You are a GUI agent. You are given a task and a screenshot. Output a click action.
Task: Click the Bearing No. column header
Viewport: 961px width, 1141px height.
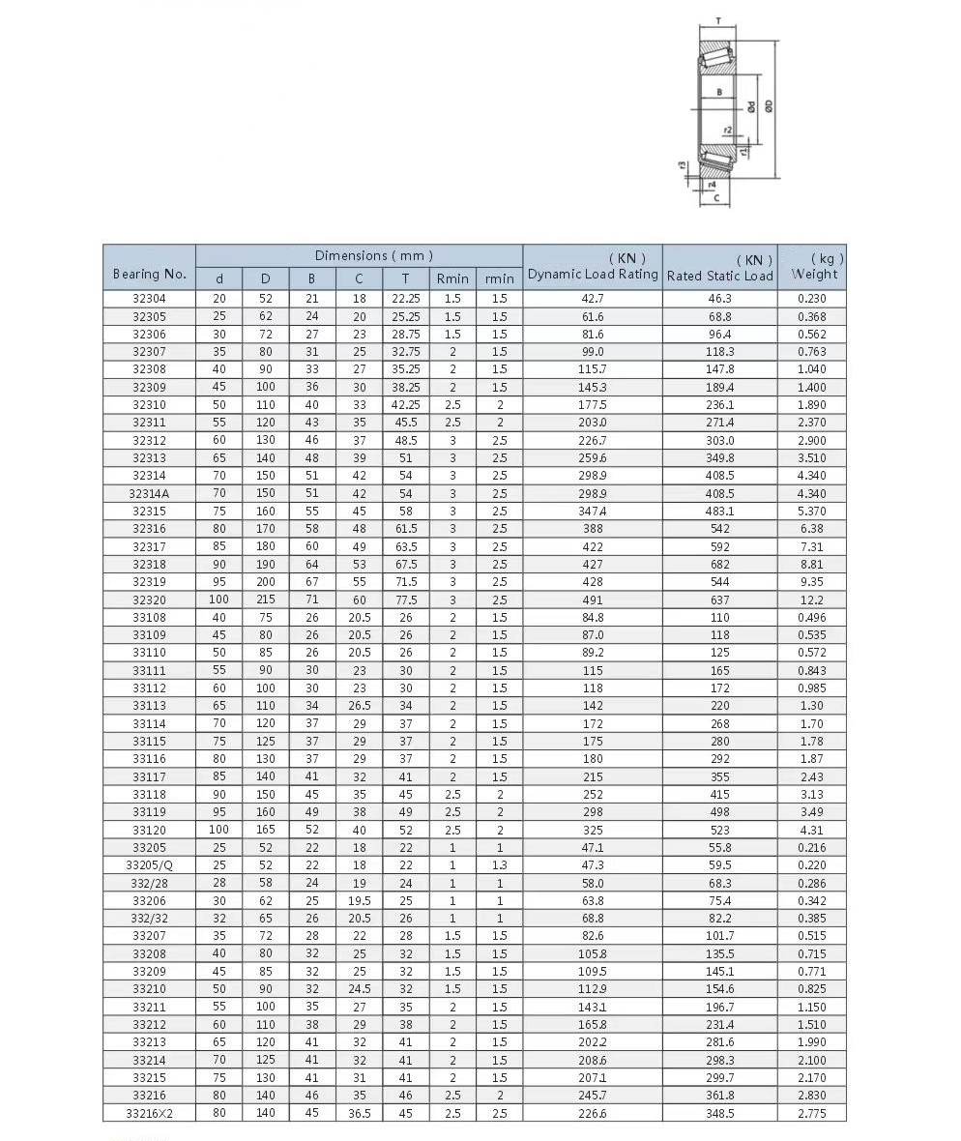click(149, 274)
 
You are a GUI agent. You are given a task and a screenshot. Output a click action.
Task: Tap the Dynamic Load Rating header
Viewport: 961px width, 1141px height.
click(593, 275)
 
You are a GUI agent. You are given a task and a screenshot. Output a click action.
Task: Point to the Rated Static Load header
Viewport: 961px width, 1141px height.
click(720, 276)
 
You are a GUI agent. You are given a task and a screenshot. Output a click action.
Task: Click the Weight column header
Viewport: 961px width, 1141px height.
click(814, 274)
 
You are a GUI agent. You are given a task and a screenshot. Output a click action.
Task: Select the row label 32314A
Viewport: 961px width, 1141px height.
click(149, 493)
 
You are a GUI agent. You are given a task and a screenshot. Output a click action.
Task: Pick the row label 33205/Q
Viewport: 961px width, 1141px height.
click(149, 865)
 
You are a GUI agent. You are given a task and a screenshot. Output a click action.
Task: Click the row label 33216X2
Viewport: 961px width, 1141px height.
click(149, 1113)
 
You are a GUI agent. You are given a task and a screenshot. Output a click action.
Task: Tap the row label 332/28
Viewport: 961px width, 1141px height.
click(149, 883)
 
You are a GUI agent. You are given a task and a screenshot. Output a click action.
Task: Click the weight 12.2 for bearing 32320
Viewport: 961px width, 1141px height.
click(812, 600)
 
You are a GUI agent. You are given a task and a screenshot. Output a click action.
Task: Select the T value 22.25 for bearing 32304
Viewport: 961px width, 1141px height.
click(405, 299)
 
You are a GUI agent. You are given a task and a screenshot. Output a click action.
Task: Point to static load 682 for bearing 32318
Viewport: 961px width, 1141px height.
click(720, 564)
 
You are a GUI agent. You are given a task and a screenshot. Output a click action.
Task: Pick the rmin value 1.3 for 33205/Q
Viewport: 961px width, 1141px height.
click(499, 865)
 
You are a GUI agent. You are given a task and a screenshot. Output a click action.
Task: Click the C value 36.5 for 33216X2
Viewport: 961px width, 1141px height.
click(359, 1113)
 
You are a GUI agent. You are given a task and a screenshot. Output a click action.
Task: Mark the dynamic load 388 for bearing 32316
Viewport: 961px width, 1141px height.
click(593, 529)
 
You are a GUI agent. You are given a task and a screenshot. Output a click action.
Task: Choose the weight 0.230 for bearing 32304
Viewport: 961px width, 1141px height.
click(812, 299)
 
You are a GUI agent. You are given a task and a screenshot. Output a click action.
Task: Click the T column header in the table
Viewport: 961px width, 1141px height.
click(405, 278)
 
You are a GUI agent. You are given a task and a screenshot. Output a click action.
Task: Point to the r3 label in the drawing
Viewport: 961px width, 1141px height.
click(683, 165)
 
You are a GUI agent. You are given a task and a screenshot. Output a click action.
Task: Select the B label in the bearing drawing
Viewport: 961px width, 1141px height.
click(718, 93)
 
